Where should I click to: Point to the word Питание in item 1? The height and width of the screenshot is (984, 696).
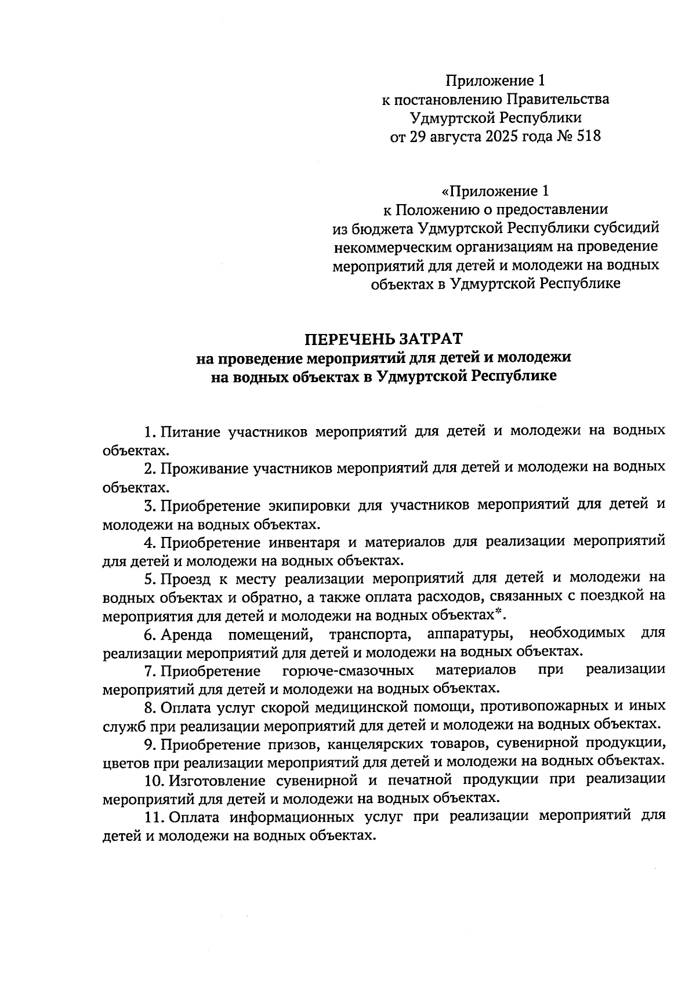tap(190, 431)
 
